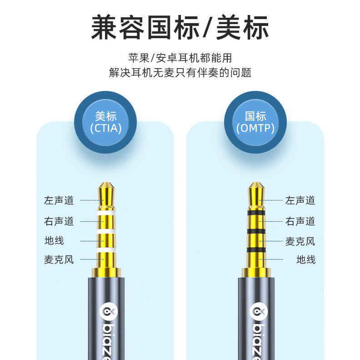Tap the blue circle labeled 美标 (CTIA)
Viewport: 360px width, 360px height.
[106, 122]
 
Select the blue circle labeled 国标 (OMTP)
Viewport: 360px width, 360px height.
[255, 122]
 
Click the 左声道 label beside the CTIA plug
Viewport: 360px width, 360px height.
[59, 200]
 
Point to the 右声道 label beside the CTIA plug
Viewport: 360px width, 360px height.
[59, 221]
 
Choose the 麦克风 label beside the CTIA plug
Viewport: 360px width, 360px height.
[59, 260]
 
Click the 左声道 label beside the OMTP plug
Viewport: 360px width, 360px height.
[300, 200]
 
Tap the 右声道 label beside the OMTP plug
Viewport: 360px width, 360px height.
[300, 221]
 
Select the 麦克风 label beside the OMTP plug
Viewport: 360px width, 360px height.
[300, 241]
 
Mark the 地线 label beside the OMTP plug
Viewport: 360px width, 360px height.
[306, 260]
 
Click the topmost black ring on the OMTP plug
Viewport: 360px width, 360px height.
[256, 212]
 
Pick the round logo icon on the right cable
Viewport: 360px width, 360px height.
[257, 311]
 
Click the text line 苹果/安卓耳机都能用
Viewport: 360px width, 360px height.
[180, 58]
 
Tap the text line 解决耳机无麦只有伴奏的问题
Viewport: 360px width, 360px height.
[180, 72]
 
